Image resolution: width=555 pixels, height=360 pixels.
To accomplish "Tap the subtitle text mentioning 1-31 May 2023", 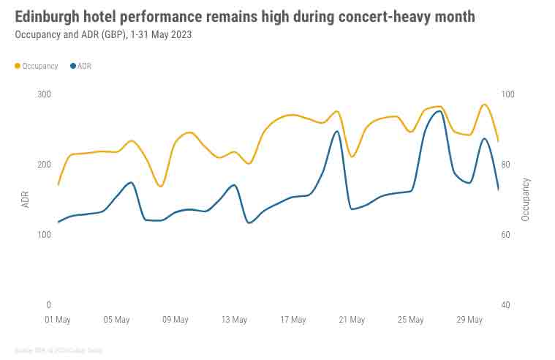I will pos(103,34).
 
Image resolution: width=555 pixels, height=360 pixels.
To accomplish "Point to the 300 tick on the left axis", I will pos(44,94).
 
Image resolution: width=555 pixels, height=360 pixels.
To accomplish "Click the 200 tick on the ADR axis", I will pos(44,165).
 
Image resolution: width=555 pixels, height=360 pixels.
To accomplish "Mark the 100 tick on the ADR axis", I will pos(44,235).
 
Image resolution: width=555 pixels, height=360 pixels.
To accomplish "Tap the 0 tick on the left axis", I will pos(48,305).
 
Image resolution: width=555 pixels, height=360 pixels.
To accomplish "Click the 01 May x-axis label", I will pos(58,320).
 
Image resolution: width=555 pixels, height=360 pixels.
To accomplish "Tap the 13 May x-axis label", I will pos(234,320).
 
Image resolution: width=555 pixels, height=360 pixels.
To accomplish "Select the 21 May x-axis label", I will pos(352,320).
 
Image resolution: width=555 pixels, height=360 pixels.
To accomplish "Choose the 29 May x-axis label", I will pos(469,320).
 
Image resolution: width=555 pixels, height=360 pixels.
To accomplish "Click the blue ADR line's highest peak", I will pos(439,111).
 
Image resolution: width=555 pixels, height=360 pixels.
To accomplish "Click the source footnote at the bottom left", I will pos(58,350).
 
